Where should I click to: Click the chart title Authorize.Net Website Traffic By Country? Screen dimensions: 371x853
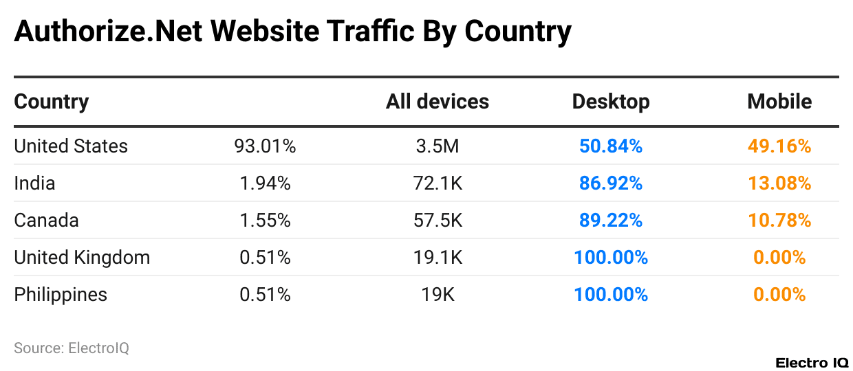[x=292, y=32]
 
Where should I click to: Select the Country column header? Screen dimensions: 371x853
[x=52, y=102]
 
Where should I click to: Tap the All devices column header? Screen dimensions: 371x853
[x=437, y=102]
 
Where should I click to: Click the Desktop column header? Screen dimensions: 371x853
[x=611, y=102]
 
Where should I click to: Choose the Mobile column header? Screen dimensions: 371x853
[x=779, y=102]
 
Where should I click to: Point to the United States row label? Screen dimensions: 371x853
[x=71, y=146]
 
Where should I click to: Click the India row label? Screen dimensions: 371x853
[x=34, y=183]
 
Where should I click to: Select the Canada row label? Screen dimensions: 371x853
[x=46, y=220]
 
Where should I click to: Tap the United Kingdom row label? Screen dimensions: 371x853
[x=82, y=257]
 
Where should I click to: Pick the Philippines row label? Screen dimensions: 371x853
[x=61, y=294]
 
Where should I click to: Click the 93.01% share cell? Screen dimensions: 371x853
[x=265, y=146]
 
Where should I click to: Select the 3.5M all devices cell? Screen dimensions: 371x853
[x=437, y=146]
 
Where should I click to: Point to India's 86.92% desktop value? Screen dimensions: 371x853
[x=611, y=183]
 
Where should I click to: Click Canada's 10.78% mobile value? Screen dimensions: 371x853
[x=779, y=220]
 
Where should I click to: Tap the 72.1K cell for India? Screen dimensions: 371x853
[x=437, y=183]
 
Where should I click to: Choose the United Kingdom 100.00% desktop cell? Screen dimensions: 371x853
[x=611, y=257]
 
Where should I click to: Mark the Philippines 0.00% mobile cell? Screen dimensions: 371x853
[x=779, y=294]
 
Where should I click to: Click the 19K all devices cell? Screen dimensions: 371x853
[x=437, y=294]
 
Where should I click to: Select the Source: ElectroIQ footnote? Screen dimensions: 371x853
[x=72, y=348]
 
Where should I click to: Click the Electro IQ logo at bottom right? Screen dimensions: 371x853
[x=812, y=362]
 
